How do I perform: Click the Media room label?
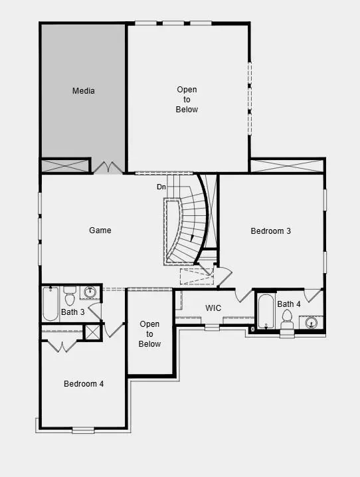point(84,91)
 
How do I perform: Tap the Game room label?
point(100,231)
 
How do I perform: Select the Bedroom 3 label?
point(271,231)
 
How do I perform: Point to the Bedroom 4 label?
point(84,383)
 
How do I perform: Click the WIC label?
point(213,308)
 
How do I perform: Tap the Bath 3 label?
point(73,312)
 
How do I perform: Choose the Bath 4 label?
point(289,304)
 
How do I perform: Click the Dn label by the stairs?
point(161,187)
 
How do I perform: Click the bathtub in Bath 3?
point(50,303)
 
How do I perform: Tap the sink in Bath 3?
point(90,292)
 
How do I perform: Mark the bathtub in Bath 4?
point(266,310)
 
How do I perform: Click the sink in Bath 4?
point(311,323)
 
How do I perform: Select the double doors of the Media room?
point(106,167)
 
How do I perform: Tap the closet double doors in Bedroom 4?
point(62,346)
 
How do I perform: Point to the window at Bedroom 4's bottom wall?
point(84,429)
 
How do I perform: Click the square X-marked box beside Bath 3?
point(92,332)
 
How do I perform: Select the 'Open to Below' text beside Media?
point(187,99)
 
